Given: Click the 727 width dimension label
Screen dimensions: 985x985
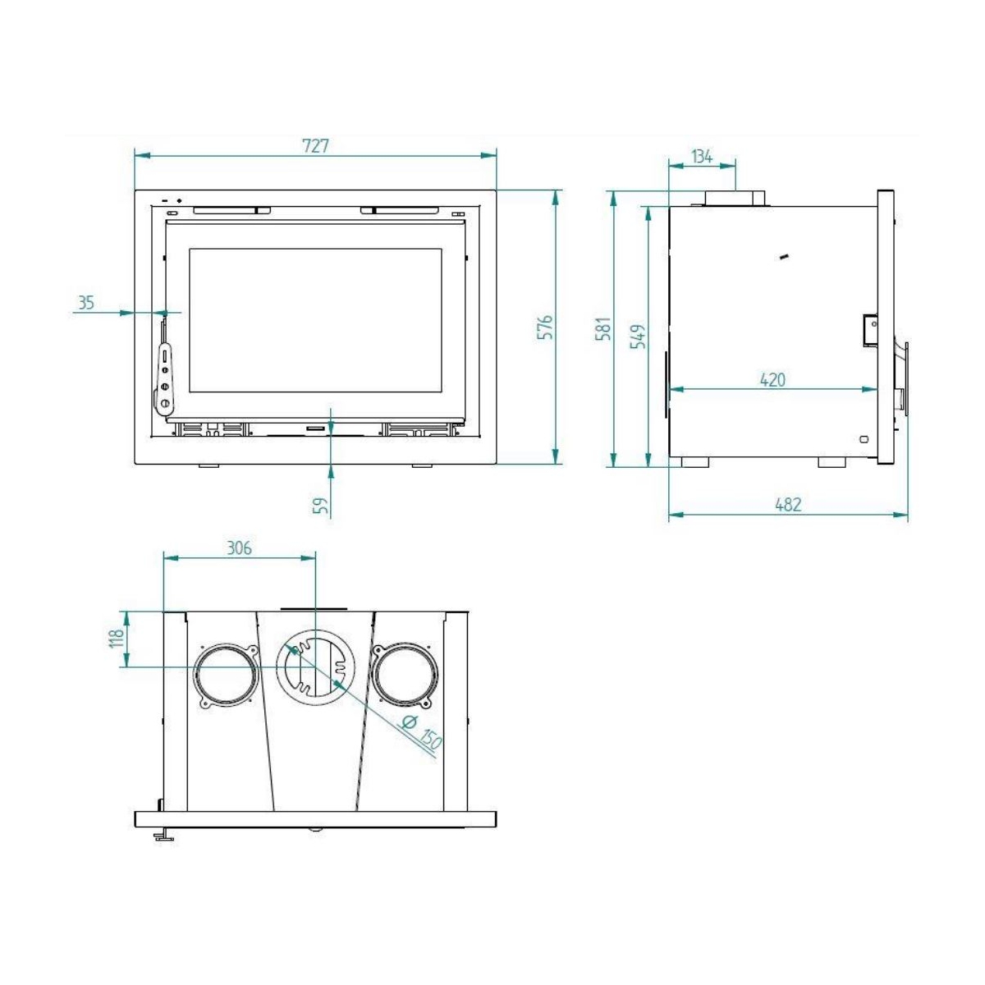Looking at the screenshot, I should pyautogui.click(x=315, y=145).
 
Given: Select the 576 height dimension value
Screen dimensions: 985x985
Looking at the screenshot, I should pyautogui.click(x=547, y=328).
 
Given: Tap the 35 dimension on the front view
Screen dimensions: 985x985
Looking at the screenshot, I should pyautogui.click(x=86, y=303).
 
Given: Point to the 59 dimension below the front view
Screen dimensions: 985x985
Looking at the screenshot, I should pyautogui.click(x=323, y=506).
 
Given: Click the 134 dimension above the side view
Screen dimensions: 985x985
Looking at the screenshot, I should pyautogui.click(x=702, y=156).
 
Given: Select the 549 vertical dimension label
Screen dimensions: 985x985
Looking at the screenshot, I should pyautogui.click(x=638, y=337).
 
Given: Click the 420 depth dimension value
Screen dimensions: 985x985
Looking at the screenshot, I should pyautogui.click(x=772, y=379).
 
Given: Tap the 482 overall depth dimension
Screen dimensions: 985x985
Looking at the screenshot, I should pyautogui.click(x=788, y=505).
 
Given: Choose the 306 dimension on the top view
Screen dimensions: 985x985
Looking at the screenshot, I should pyautogui.click(x=239, y=548).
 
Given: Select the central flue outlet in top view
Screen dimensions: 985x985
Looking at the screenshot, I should pyautogui.click(x=316, y=666).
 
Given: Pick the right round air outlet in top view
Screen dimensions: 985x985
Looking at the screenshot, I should pyautogui.click(x=403, y=676).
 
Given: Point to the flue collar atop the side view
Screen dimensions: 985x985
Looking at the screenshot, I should pyautogui.click(x=734, y=198).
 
